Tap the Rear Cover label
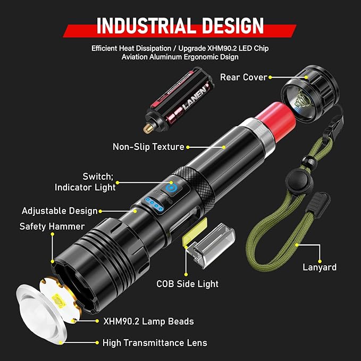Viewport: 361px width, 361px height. [x=244, y=77]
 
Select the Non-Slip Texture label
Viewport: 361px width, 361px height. [x=148, y=147]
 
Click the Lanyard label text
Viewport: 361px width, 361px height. [x=319, y=267]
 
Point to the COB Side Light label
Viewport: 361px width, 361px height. [x=187, y=283]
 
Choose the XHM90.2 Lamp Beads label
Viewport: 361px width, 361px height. [x=148, y=321]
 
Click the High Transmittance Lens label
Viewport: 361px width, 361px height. [x=155, y=343]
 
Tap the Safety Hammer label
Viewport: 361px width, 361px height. [x=52, y=226]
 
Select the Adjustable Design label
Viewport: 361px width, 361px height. [x=60, y=211]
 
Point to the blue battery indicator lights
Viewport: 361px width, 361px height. [x=154, y=204]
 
